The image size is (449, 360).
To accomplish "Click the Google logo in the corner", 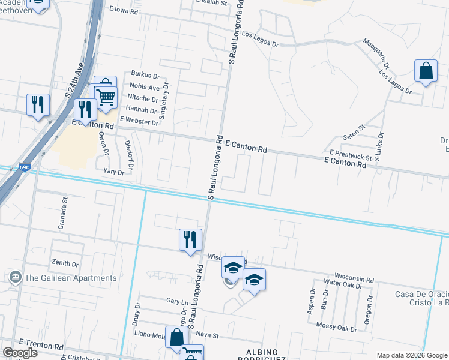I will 20,353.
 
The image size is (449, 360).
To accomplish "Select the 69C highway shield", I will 24,167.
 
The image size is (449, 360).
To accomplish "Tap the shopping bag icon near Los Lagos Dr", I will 426,71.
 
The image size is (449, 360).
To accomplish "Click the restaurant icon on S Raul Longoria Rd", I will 190,239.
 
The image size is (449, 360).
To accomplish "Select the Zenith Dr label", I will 65,263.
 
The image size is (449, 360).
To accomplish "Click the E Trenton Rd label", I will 41,347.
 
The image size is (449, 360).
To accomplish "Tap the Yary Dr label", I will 113,172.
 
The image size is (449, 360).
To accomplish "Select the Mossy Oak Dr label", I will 337,328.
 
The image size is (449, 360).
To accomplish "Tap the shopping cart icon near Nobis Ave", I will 106,96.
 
